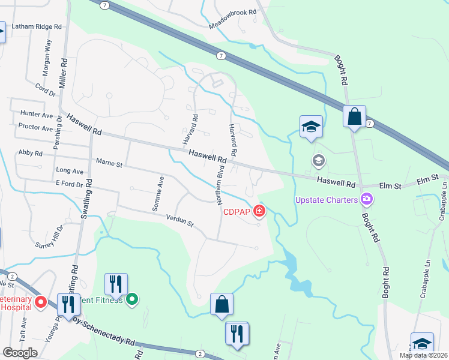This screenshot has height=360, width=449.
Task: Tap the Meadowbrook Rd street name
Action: click(x=232, y=19)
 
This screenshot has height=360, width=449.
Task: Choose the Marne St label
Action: click(x=109, y=163)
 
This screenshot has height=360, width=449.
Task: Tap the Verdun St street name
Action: click(x=179, y=223)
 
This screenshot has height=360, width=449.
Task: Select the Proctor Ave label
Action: click(x=36, y=128)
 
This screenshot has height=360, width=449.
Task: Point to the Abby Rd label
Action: click(x=30, y=154)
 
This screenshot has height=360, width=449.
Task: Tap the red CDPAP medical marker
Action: click(x=259, y=211)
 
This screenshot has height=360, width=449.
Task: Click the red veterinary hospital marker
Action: click(x=41, y=301)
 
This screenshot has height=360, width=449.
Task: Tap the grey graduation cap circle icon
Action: click(x=318, y=160)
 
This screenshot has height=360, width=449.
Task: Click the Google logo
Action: click(x=20, y=353)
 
